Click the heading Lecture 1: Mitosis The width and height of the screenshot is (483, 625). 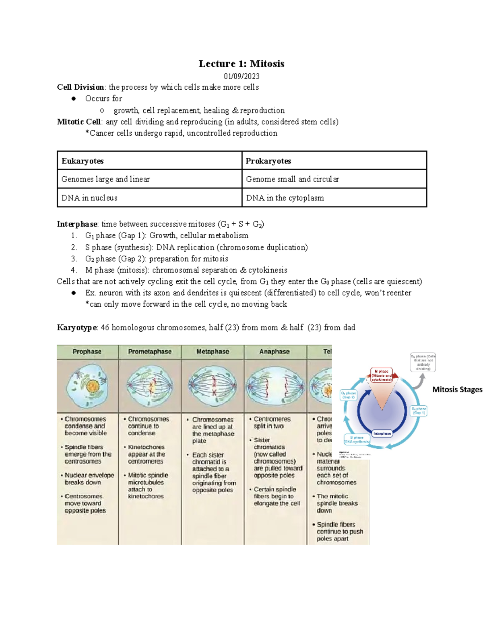pyautogui.click(x=241, y=64)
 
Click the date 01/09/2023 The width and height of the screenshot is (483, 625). pyautogui.click(x=242, y=76)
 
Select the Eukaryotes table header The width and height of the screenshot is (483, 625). pyautogui.click(x=83, y=161)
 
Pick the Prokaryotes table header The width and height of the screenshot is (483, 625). pyautogui.click(x=268, y=161)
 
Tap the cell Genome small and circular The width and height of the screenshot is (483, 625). pyautogui.click(x=293, y=179)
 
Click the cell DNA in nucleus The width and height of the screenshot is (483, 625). pyautogui.click(x=89, y=198)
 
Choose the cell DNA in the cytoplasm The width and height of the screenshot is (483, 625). pyautogui.click(x=285, y=198)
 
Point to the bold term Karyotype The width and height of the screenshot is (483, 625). pyautogui.click(x=77, y=328)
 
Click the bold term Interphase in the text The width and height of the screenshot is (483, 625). pyautogui.click(x=77, y=224)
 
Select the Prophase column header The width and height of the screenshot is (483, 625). pyautogui.click(x=87, y=352)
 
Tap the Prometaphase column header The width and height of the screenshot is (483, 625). pyautogui.click(x=150, y=352)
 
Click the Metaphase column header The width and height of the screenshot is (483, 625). pyautogui.click(x=213, y=352)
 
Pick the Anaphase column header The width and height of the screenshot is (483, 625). pyautogui.click(x=275, y=352)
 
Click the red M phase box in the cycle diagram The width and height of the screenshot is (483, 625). pyautogui.click(x=382, y=375)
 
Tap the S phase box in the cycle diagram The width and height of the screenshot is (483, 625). pyautogui.click(x=357, y=439)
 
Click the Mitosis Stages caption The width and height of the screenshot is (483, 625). pyautogui.click(x=457, y=390)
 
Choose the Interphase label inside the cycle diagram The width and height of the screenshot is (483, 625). pyautogui.click(x=382, y=433)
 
